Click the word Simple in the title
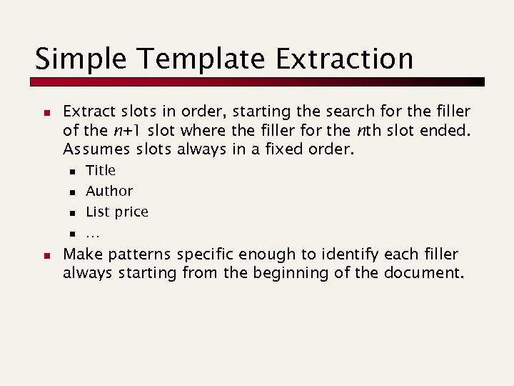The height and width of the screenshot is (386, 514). (x=74, y=59)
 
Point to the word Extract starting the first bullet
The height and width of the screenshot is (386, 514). (x=89, y=112)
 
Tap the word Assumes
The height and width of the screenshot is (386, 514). (x=94, y=150)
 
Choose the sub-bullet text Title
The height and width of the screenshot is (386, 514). (x=101, y=170)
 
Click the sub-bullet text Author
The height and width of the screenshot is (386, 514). (x=109, y=191)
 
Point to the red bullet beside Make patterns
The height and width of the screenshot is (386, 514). (x=45, y=255)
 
